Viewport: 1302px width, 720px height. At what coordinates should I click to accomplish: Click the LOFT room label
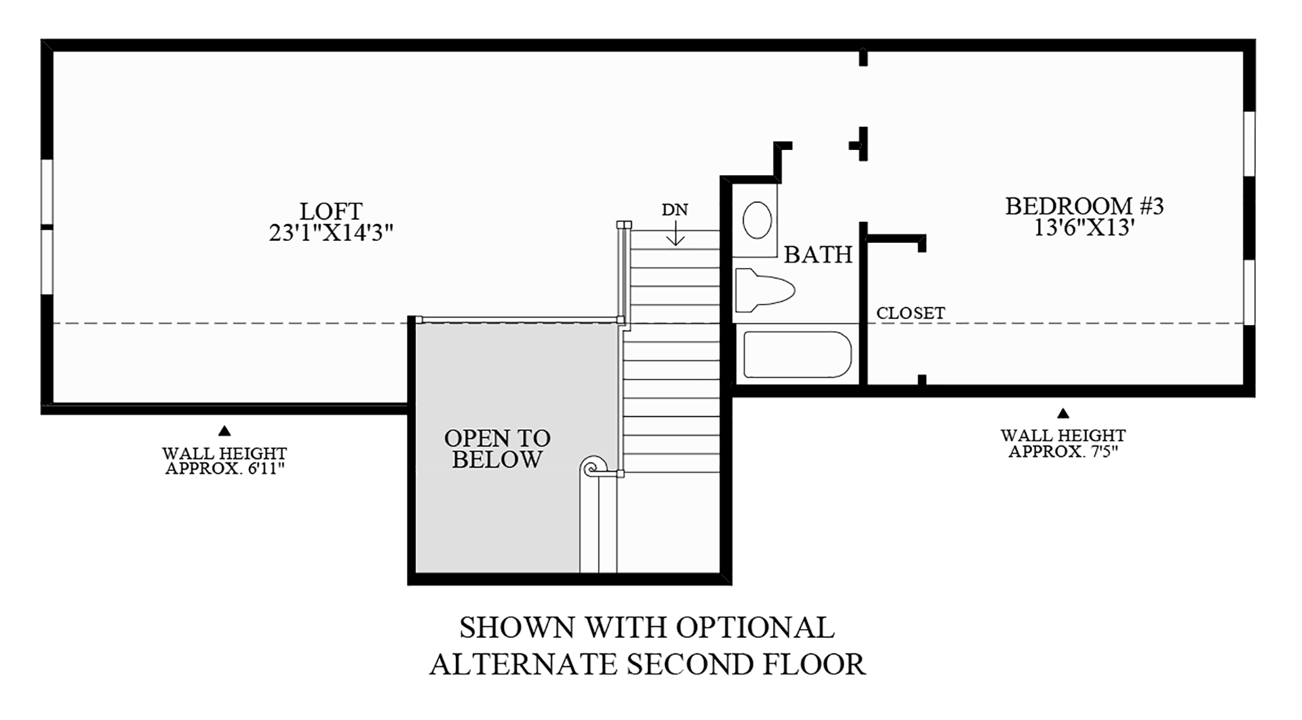pyautogui.click(x=331, y=211)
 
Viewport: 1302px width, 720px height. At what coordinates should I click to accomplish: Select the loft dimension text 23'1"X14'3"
pyautogui.click(x=331, y=233)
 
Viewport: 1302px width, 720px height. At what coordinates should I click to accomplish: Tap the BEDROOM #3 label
pyautogui.click(x=1084, y=206)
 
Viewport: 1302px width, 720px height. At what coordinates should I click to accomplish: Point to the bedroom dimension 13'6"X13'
pyautogui.click(x=1084, y=227)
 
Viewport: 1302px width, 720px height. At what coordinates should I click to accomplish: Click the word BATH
pyautogui.click(x=818, y=254)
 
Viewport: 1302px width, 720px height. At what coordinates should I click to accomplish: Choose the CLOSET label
pyautogui.click(x=911, y=313)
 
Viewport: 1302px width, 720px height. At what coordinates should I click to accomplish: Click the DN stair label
pyautogui.click(x=675, y=210)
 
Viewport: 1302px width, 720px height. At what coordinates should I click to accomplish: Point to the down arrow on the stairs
pyautogui.click(x=675, y=234)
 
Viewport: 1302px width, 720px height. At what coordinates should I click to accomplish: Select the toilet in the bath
pyautogui.click(x=764, y=290)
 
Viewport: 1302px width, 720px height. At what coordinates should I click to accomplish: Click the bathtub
pyautogui.click(x=797, y=354)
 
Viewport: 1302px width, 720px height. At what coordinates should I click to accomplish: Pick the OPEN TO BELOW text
pyautogui.click(x=497, y=449)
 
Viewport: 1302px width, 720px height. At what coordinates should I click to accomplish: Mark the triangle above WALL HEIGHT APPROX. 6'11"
pyautogui.click(x=224, y=430)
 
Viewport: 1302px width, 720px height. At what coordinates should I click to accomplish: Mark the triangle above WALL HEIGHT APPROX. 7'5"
pyautogui.click(x=1063, y=413)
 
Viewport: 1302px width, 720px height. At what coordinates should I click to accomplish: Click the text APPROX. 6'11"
pyautogui.click(x=224, y=468)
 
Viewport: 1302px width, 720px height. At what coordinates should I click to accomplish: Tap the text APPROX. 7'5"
pyautogui.click(x=1063, y=451)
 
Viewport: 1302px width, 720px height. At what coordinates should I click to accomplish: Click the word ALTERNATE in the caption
pyautogui.click(x=522, y=664)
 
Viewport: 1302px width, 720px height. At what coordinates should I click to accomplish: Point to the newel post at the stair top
pyautogui.click(x=624, y=225)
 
